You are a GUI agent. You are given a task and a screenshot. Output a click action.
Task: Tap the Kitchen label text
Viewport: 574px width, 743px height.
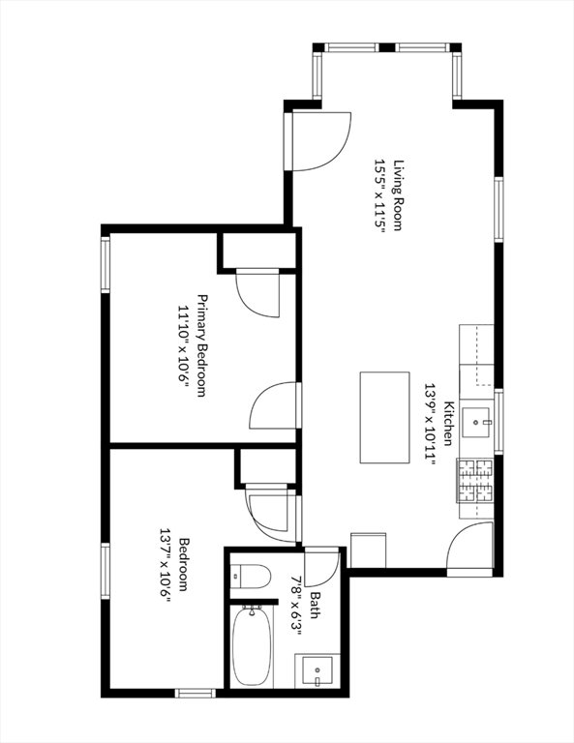[448, 424]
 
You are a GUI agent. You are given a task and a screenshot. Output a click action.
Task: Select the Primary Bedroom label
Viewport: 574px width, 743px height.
[202, 345]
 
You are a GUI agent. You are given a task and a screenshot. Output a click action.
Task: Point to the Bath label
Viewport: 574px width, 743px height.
[315, 605]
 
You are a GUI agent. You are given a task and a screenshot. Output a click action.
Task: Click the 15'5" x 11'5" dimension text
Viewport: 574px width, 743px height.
[379, 195]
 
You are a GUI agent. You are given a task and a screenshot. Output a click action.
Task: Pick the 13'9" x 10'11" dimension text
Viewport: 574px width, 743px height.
[429, 424]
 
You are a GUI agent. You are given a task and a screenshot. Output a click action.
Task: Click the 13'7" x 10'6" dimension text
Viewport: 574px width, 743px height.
[165, 564]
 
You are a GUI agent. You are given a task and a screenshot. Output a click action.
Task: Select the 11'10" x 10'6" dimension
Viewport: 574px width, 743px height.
[183, 345]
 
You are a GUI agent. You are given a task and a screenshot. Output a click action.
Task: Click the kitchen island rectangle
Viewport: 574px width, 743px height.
[384, 418]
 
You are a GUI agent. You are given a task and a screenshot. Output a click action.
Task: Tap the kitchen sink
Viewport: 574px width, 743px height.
[477, 422]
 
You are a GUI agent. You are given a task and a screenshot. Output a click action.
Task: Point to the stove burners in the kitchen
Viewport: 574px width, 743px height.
[474, 481]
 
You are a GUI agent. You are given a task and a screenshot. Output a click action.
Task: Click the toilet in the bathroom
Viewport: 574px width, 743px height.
[251, 576]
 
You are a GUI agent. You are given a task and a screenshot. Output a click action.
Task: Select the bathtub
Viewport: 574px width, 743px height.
[252, 646]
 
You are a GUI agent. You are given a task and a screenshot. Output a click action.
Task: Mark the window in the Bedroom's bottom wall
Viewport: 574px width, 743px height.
[196, 694]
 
